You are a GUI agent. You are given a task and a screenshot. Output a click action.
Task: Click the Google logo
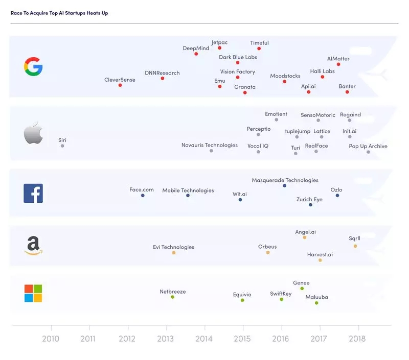[x=33, y=67]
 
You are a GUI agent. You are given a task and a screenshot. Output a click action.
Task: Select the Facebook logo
[x=33, y=194]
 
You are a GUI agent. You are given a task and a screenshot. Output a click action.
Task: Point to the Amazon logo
[x=33, y=246]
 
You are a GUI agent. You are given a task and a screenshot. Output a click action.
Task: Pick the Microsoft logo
[x=33, y=293]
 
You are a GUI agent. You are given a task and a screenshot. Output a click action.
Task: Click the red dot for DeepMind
[x=196, y=54]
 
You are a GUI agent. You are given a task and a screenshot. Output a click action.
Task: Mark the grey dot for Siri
[x=62, y=146]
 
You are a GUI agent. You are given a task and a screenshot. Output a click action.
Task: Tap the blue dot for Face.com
[x=143, y=196]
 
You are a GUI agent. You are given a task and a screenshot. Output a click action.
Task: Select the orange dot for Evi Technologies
[x=174, y=253]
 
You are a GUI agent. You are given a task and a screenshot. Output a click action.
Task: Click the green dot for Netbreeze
[x=172, y=297]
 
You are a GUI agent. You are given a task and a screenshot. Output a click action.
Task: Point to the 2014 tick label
[x=204, y=339]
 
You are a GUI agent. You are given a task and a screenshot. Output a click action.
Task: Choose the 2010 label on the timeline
[x=51, y=339]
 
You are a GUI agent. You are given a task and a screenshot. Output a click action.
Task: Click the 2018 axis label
[x=357, y=339]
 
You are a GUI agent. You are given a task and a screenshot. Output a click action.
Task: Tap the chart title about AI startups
[x=59, y=13]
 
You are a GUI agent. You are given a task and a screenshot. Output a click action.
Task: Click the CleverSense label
[x=120, y=80]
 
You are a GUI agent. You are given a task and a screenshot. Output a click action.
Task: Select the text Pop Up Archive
[x=368, y=147]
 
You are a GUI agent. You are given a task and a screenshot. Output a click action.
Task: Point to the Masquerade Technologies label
[x=285, y=180]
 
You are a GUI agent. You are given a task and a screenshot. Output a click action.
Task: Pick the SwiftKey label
[x=281, y=294]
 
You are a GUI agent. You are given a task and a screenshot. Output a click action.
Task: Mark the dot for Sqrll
[x=355, y=246]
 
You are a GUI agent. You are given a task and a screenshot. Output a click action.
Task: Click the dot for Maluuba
[x=316, y=303]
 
